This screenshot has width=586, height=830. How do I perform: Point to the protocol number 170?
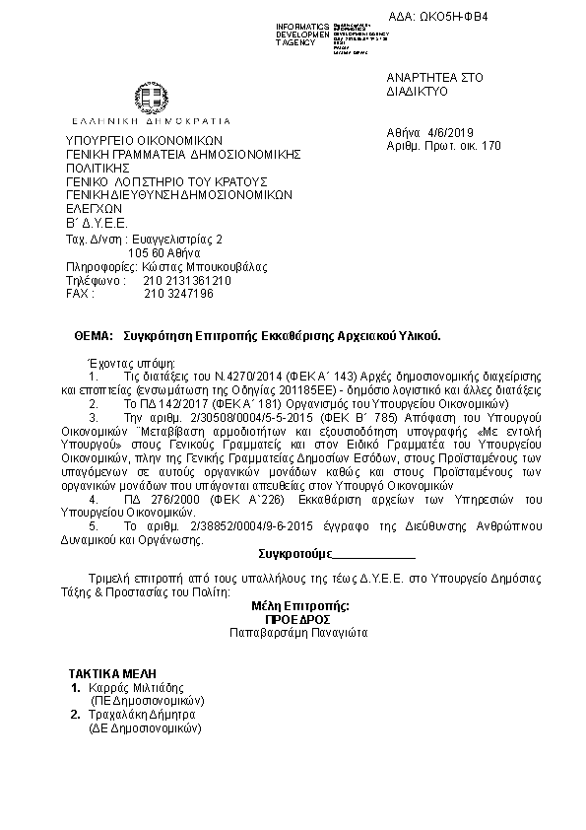click(x=492, y=145)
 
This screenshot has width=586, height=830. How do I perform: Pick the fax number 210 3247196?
click(x=178, y=294)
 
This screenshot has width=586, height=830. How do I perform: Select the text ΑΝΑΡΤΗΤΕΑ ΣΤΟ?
click(x=421, y=77)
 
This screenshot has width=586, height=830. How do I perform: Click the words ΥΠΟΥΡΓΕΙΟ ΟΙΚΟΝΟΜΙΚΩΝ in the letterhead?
click(x=145, y=140)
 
